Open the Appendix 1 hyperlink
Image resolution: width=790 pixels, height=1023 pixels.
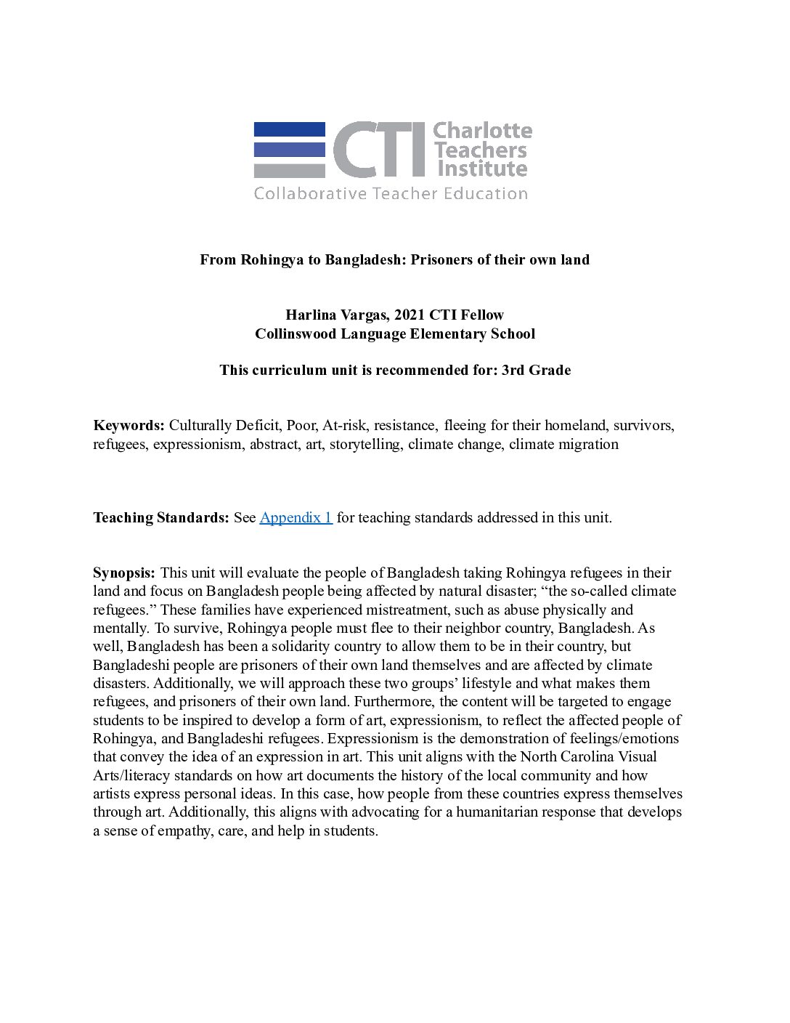[296, 518]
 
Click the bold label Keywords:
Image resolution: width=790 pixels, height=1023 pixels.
[129, 426]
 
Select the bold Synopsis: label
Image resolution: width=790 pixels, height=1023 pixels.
[123, 573]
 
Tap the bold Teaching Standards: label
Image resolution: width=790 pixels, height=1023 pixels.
[160, 518]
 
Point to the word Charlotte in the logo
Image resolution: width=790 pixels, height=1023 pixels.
[481, 132]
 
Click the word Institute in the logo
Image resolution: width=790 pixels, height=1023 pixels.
[480, 169]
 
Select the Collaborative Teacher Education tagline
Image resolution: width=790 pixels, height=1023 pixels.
[391, 194]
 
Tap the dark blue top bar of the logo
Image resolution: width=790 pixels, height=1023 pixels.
[289, 129]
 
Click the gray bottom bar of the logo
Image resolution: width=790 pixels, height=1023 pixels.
[289, 171]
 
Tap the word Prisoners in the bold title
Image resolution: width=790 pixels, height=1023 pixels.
[444, 259]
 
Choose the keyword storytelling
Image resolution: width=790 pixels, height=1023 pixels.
[365, 445]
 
